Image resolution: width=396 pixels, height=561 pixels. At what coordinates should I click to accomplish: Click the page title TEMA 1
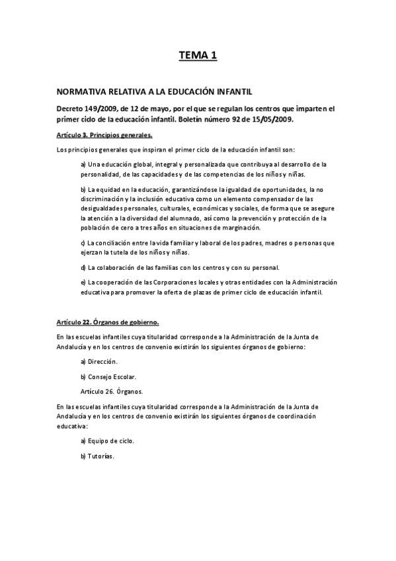[198, 57]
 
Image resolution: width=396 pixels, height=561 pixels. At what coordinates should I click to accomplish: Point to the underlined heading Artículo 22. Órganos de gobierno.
[108, 323]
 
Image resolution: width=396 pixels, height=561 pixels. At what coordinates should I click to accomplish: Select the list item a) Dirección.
[99, 361]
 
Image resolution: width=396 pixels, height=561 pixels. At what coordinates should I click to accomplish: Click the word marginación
[241, 227]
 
